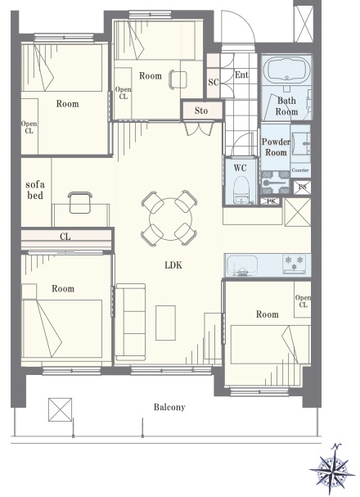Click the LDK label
coord(173,265)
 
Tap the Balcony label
coord(169,407)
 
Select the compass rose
coord(332,469)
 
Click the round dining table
coord(170,219)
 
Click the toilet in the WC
coord(240,189)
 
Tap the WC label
coord(240,168)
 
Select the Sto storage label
coord(201,111)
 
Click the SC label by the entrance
coord(214,82)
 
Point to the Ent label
coord(241,75)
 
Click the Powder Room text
coord(276,147)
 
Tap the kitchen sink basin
coord(242,265)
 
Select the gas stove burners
coord(295,264)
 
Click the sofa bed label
coord(35,189)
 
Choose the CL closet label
coord(65,237)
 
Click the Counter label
coord(299,170)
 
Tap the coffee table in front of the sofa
coord(165,323)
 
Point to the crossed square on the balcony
coord(61,409)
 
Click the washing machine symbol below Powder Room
coord(275,183)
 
